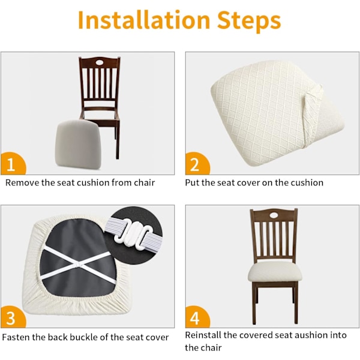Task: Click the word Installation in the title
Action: tap(144, 20)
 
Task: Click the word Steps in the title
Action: tap(249, 21)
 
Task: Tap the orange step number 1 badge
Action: tap(13, 164)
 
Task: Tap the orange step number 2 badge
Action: tap(197, 164)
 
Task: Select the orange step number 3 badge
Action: tap(13, 317)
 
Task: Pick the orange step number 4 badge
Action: tap(197, 317)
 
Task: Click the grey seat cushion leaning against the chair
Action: tap(78, 145)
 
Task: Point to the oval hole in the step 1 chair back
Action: tap(100, 62)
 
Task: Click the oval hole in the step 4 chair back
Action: tap(274, 215)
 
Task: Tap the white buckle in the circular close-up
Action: tap(133, 234)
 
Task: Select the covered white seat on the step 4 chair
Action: tap(274, 272)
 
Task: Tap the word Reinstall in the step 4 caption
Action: tap(203, 335)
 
